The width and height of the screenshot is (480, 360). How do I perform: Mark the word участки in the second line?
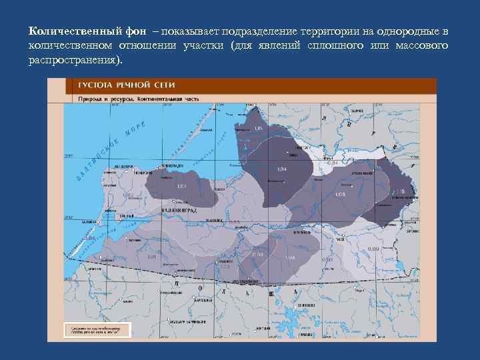[x=199, y=46]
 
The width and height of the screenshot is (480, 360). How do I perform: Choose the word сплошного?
[x=341, y=46]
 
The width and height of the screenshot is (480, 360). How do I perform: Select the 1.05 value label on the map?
[x=259, y=128]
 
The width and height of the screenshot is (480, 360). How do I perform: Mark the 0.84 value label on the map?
[x=334, y=162]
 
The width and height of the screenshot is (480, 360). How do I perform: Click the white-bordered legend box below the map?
[x=97, y=330]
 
